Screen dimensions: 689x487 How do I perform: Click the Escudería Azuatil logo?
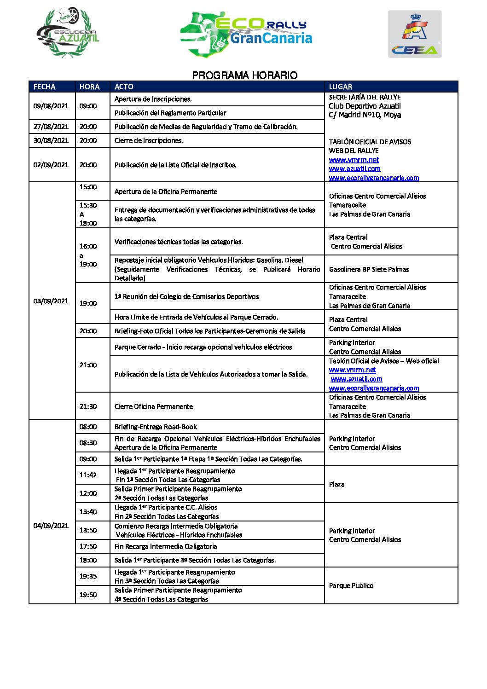tap(68, 33)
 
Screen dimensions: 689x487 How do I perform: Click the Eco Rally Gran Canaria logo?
tap(246, 33)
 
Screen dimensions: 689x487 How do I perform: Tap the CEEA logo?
tap(415, 34)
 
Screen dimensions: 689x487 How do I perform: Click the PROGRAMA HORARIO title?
tap(244, 75)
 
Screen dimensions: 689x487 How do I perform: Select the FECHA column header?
tap(44, 87)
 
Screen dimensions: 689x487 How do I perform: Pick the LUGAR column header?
tap(341, 87)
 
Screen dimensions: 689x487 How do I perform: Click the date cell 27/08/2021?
tap(51, 127)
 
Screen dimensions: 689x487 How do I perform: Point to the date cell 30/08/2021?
tap(51, 140)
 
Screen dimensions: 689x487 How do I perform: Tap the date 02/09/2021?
tap(51, 165)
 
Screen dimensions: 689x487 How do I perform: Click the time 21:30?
tap(88, 406)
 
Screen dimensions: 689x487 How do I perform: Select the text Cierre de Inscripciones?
tap(149, 140)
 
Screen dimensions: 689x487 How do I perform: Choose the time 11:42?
tap(88, 475)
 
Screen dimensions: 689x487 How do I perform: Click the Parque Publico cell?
tap(351, 585)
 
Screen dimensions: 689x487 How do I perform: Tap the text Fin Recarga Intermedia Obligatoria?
tap(166, 546)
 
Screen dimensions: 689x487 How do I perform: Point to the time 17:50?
tap(88, 546)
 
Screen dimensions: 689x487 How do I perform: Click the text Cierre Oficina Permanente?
tap(154, 406)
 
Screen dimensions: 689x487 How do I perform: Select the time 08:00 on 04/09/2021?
tap(88, 427)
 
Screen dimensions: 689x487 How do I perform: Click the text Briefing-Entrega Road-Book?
tap(156, 427)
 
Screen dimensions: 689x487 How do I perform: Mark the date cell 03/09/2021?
tap(51, 301)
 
